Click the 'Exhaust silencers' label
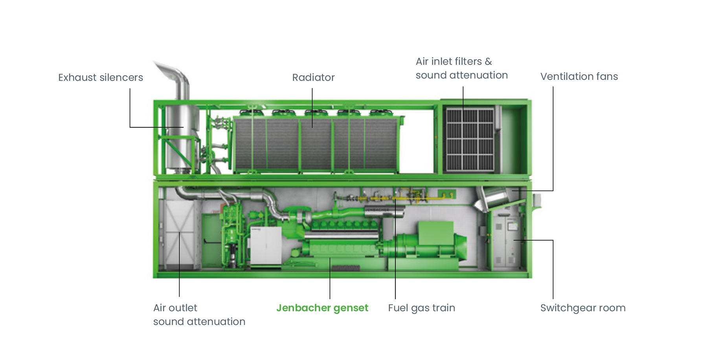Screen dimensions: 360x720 [101, 77]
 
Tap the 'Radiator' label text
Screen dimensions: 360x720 [313, 77]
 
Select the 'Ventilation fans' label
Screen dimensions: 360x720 [579, 76]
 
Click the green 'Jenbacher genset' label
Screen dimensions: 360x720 [322, 308]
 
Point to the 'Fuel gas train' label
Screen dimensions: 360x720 [421, 308]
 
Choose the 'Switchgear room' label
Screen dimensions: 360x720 [582, 308]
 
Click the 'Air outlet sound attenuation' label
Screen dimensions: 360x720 [199, 314]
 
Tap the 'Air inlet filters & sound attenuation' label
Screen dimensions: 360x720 [461, 68]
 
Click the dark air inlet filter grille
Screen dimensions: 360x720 [470, 140]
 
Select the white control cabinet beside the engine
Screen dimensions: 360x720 [266, 246]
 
